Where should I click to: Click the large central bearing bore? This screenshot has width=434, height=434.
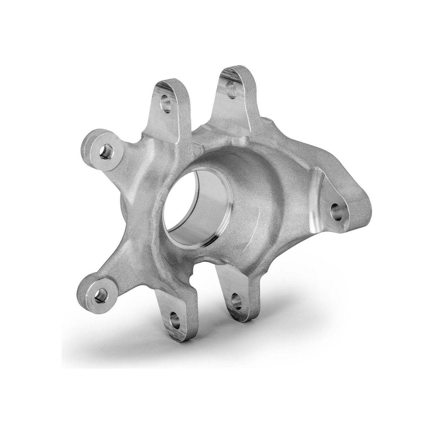(x=197, y=212)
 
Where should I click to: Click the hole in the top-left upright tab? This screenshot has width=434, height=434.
(x=166, y=107)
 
